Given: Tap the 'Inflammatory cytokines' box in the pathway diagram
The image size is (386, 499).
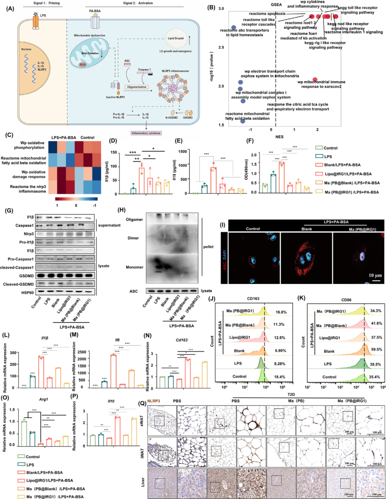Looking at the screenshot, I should point(146,133).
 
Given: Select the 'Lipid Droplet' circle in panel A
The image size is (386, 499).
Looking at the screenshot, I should point(176,38).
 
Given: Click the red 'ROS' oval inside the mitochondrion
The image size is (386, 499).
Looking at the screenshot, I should point(83,65).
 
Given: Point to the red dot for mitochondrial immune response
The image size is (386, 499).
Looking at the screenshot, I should point(315,79).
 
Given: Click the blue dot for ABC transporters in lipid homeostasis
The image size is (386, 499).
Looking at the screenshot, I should point(234,28).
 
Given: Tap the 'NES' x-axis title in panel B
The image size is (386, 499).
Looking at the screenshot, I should point(279,137).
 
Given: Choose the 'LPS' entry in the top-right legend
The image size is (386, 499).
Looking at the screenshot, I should point(328,156).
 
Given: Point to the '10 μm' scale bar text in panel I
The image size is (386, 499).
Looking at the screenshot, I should point(375,275).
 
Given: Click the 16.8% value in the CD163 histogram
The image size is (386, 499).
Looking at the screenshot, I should point(281,312).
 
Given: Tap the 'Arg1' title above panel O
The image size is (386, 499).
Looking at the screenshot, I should point(44,399).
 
